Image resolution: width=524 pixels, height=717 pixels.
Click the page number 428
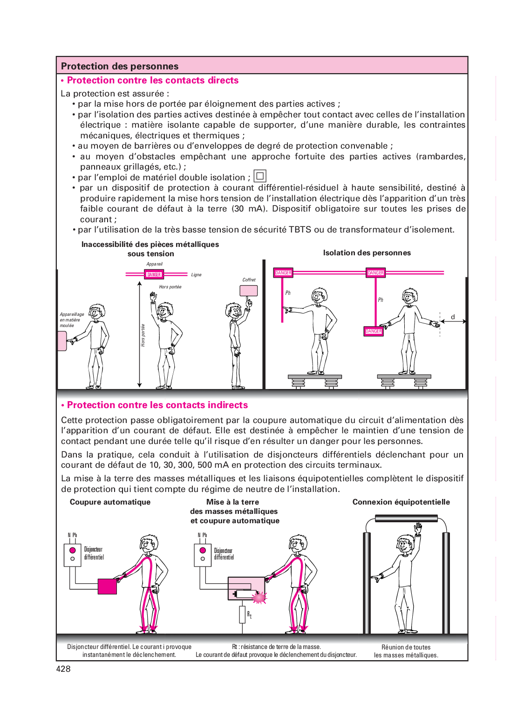(63, 669)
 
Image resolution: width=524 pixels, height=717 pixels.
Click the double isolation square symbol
(260, 176)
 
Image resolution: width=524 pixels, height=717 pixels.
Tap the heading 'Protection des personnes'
(120, 66)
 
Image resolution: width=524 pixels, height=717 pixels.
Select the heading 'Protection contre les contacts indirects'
(157, 405)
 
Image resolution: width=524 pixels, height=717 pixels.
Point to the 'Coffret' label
(249, 280)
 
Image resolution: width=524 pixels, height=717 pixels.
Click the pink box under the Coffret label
(249, 290)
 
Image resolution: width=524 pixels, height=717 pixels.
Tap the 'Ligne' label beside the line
(196, 275)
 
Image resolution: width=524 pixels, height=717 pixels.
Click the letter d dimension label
(453, 317)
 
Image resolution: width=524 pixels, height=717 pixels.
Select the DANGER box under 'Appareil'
(154, 274)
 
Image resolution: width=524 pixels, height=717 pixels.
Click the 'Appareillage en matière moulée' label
(72, 320)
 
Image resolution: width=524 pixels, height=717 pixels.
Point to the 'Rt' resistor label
(249, 615)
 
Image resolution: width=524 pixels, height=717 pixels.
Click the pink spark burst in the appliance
(259, 597)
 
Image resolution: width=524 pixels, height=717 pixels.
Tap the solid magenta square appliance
(107, 587)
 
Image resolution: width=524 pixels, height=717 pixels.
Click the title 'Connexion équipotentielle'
(401, 502)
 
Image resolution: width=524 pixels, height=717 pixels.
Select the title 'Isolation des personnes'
(367, 253)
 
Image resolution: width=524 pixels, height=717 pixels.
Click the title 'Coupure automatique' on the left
(110, 502)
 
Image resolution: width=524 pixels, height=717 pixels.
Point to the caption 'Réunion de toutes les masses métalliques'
(406, 651)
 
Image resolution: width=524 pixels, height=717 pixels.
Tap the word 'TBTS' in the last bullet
(300, 230)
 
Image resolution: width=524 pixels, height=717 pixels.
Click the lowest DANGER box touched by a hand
(374, 331)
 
